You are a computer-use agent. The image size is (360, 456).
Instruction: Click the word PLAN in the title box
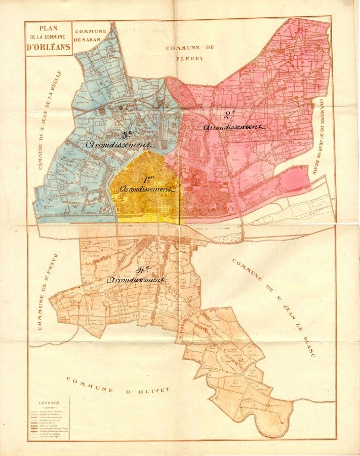click(x=48, y=28)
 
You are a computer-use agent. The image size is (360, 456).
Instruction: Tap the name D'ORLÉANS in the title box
click(x=49, y=47)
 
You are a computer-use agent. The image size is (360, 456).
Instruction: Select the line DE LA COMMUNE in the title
click(x=49, y=37)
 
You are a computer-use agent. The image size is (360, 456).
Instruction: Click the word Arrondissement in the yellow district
click(x=147, y=189)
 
